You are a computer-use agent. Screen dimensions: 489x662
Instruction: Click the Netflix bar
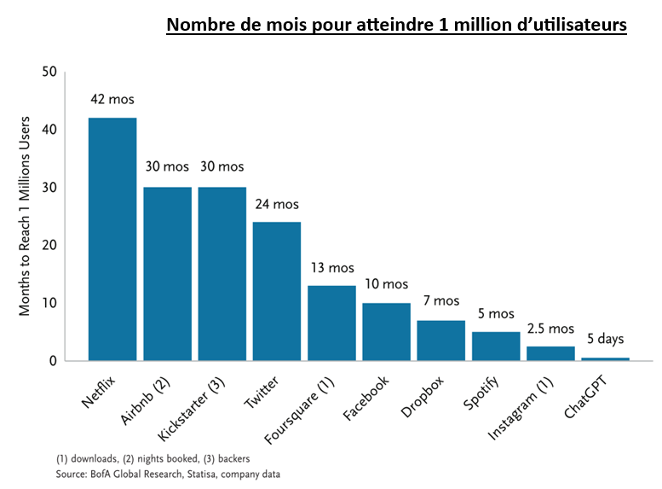pyautogui.click(x=112, y=239)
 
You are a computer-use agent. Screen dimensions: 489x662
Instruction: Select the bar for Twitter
pyautogui.click(x=276, y=291)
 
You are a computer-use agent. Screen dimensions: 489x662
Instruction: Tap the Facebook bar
pyautogui.click(x=386, y=331)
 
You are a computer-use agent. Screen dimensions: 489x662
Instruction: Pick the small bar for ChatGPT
pyautogui.click(x=605, y=358)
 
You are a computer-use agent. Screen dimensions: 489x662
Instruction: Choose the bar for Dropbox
pyautogui.click(x=440, y=340)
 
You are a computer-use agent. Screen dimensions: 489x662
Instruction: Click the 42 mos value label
pyautogui.click(x=112, y=99)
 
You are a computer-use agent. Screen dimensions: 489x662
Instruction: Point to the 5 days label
pyautogui.click(x=606, y=339)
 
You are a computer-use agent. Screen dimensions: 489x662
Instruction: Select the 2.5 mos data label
pyautogui.click(x=550, y=328)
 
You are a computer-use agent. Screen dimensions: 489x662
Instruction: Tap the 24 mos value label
pyautogui.click(x=277, y=204)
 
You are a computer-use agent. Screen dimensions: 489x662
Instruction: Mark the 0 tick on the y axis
pyautogui.click(x=53, y=360)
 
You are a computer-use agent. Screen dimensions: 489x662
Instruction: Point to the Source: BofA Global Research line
pyautogui.click(x=168, y=474)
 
